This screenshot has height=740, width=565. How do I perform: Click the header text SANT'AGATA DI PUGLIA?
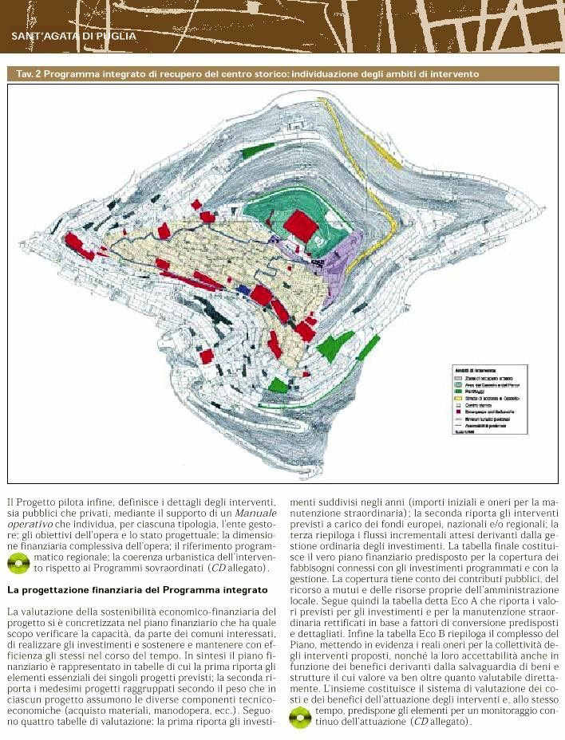pos(74,36)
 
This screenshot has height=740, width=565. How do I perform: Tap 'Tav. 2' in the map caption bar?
pos(30,74)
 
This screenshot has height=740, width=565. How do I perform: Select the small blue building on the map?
pos(242,288)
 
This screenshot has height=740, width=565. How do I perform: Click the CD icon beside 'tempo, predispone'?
pos(300,718)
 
